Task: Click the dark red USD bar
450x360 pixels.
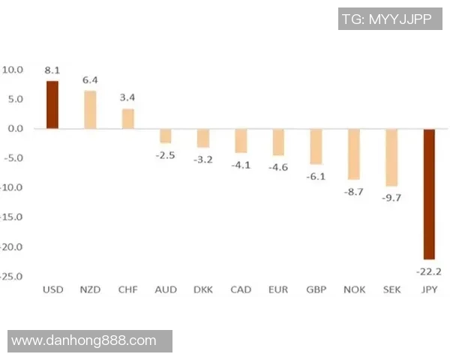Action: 52,104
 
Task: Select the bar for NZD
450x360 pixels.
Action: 90,109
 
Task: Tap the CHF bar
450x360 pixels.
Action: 128,118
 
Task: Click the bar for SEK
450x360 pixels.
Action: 391,157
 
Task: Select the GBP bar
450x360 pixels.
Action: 316,146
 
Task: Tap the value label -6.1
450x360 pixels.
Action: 316,175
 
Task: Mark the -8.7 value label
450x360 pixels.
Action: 353,191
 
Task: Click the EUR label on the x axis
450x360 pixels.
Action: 278,289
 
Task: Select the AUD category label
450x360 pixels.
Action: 165,289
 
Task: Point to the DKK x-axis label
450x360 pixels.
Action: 202,289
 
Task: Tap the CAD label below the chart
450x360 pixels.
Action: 241,289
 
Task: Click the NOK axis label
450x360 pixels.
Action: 353,289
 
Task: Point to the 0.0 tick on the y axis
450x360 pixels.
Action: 13,129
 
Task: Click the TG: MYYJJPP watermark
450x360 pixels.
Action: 390,19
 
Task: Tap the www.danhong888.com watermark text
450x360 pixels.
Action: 84,341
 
